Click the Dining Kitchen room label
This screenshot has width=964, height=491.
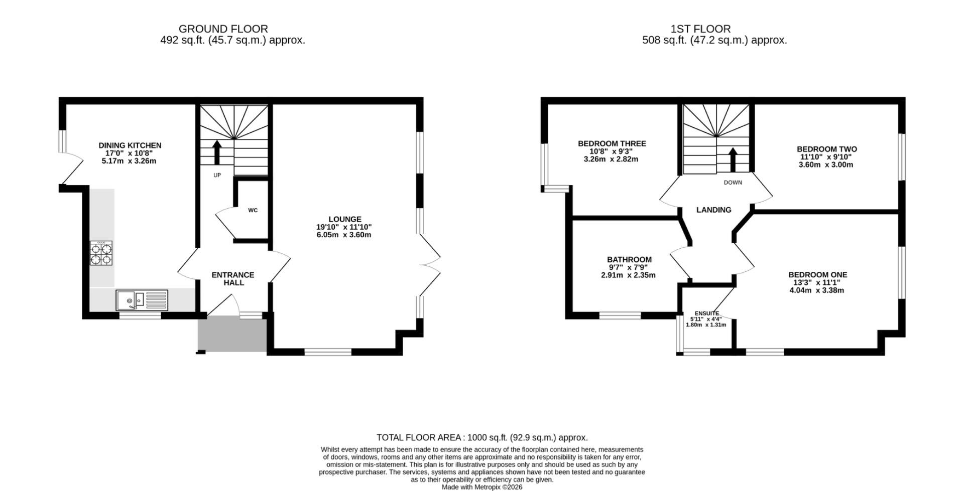pos(130,145)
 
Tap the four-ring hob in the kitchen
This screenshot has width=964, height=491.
pos(101,253)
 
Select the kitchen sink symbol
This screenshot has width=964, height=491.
pos(143,300)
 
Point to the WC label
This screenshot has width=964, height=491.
pos(253,210)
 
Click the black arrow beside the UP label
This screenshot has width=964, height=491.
pos(217,152)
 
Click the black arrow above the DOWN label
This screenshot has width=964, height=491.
pos(733,159)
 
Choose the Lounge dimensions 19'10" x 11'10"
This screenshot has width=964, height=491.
pos(344,227)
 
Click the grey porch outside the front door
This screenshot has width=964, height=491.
pos(232,334)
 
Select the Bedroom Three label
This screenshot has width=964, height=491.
pos(612,143)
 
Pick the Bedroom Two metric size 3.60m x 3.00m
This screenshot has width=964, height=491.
pos(826,165)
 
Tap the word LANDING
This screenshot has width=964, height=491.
pos(714,210)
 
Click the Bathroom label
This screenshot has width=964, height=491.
pos(629,259)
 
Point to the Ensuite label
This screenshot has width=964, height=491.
pos(707,313)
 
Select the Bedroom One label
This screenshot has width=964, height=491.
pos(818,274)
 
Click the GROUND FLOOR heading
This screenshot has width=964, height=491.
pos(223,29)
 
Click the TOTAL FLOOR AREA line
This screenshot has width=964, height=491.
pos(482,437)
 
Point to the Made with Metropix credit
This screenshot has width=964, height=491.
pos(482,487)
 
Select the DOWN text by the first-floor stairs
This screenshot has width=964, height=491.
pos(733,183)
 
